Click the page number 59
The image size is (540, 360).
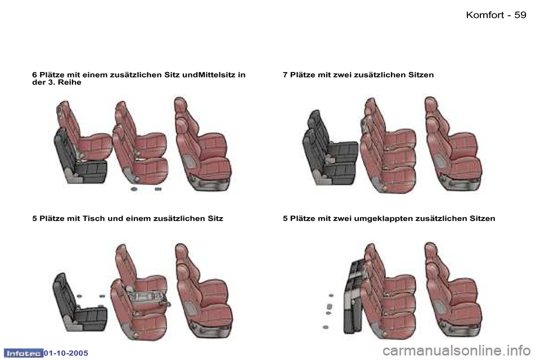tap(520, 15)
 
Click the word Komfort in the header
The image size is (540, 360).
tap(485, 15)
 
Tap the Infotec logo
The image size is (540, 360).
tap(23, 353)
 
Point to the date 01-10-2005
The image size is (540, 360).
tap(66, 353)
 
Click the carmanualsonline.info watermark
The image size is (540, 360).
tap(456, 351)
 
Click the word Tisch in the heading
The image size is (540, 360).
tap(94, 218)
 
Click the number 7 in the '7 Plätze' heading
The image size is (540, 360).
tap(285, 75)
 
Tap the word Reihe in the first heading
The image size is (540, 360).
tap(69, 82)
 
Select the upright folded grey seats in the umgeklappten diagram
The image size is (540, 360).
tap(354, 296)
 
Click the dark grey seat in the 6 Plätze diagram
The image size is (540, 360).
tap(80, 157)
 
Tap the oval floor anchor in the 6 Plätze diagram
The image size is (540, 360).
tap(134, 189)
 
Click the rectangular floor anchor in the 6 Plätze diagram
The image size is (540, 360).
tap(158, 189)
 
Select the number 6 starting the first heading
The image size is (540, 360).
tap(34, 75)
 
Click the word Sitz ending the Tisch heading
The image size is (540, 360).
tap(215, 218)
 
